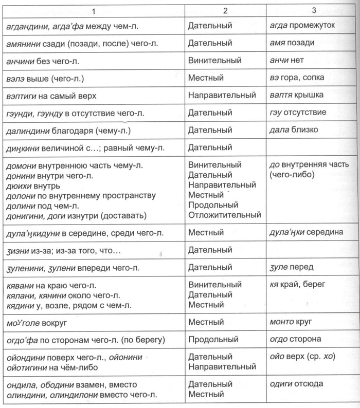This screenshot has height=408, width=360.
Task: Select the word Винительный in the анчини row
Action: pyautogui.click(x=214, y=60)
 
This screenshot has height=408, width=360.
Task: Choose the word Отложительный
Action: pyautogui.click(x=225, y=214)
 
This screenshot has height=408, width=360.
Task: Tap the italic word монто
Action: pyautogui.click(x=281, y=322)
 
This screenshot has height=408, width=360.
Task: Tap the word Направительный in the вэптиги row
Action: pyautogui.click(x=222, y=95)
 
